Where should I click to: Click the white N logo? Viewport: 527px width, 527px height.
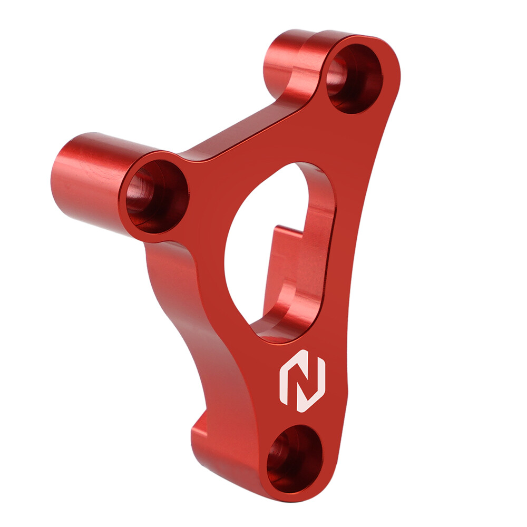(x=302, y=380)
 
